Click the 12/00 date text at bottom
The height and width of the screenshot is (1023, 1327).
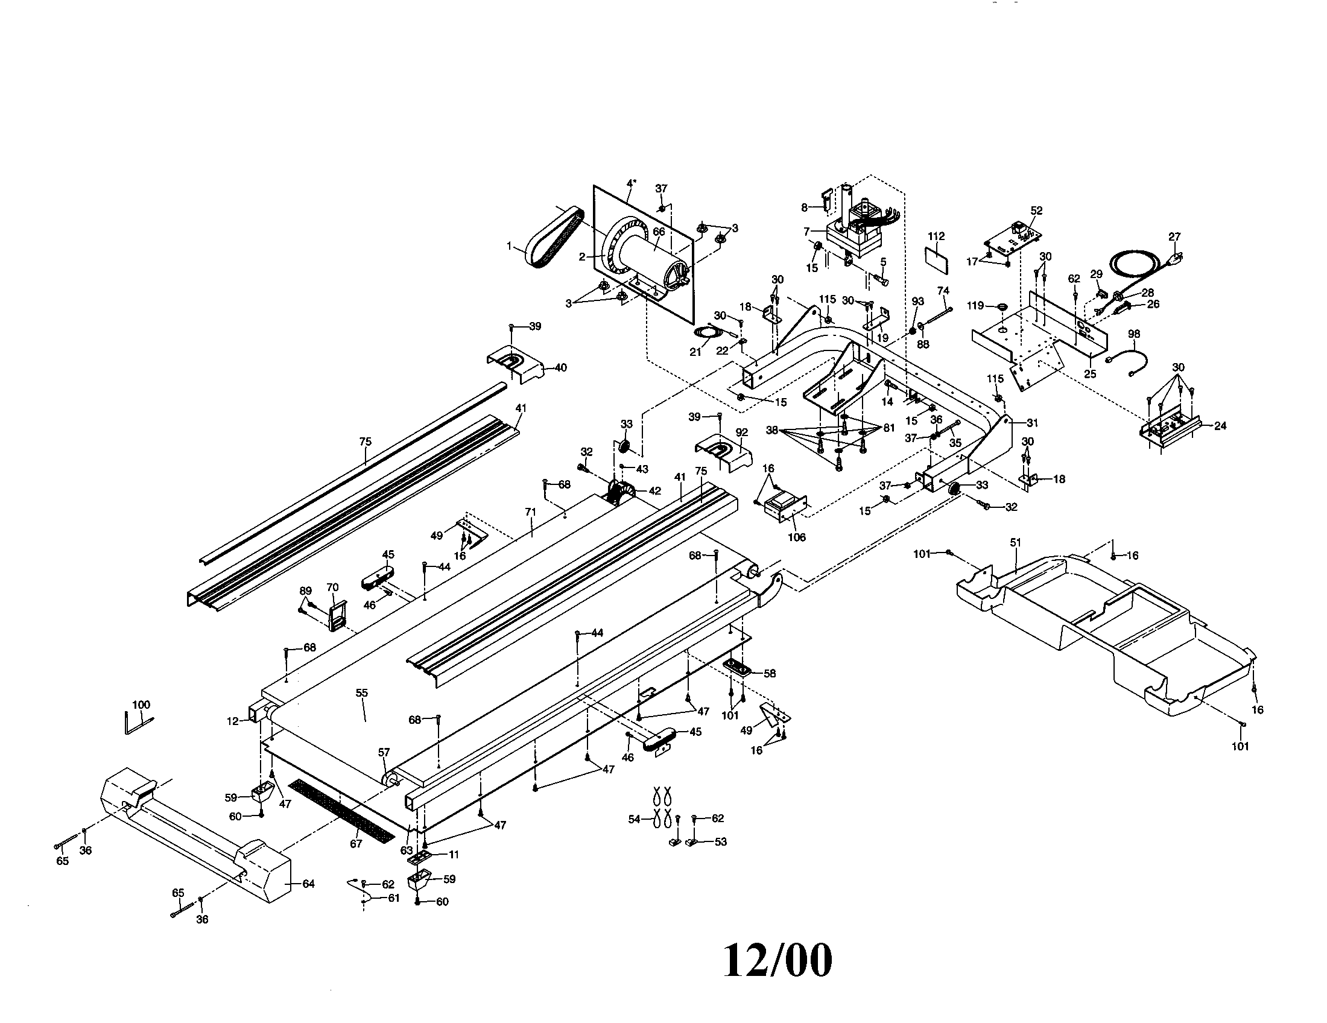click(x=778, y=960)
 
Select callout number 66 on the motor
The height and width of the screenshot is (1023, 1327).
click(x=659, y=232)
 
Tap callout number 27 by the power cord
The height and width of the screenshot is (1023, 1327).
click(x=1174, y=237)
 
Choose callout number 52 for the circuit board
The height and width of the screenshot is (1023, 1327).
click(x=1036, y=210)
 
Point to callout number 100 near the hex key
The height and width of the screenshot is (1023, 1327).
click(x=141, y=705)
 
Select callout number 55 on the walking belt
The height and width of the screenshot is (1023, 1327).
click(x=362, y=692)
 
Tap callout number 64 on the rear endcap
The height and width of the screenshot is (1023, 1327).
click(x=309, y=883)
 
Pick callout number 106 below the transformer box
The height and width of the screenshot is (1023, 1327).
click(x=797, y=537)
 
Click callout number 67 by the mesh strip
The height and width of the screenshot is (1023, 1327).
click(x=356, y=843)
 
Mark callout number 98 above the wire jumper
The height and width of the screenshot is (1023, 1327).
click(x=1134, y=334)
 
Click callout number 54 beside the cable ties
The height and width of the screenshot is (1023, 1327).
click(x=635, y=820)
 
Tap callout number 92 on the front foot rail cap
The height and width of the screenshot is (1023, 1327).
click(x=741, y=432)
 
